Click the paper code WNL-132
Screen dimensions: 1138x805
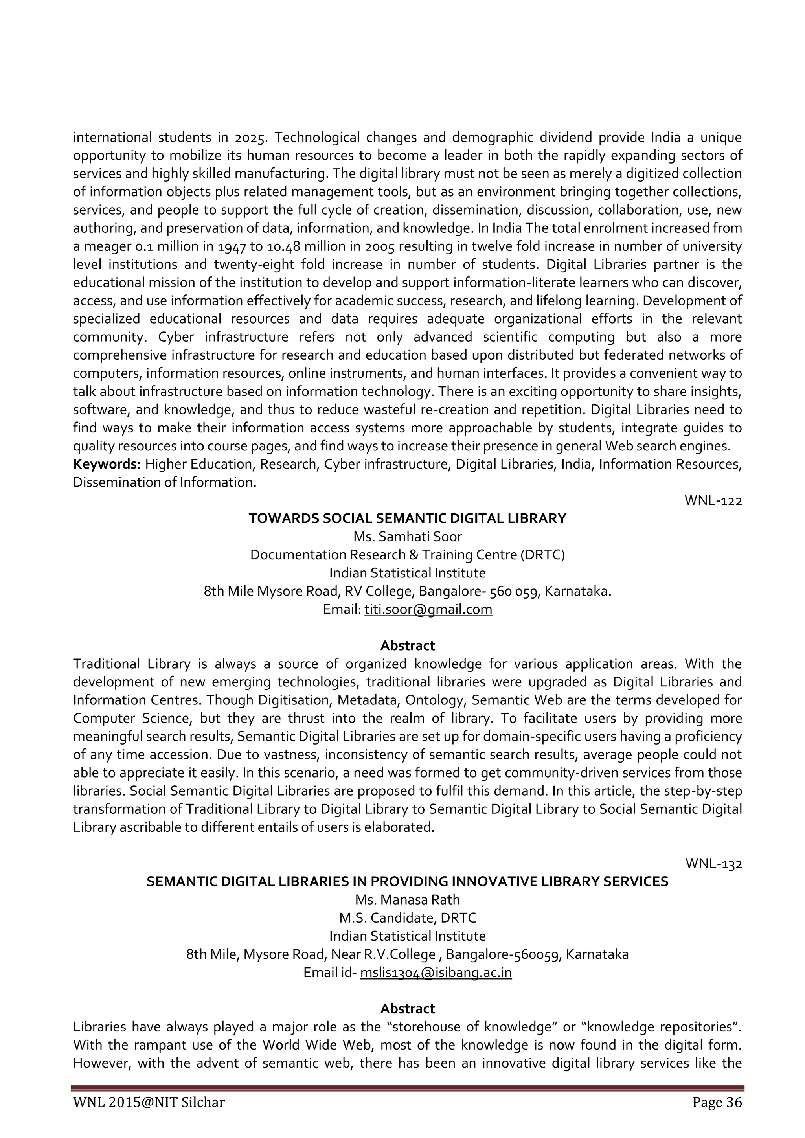713,864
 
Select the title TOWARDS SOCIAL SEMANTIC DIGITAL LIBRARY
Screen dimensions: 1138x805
407,518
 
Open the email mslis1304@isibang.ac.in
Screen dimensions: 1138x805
435,973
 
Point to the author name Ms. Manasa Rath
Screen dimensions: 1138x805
407,900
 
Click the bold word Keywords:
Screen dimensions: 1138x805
107,464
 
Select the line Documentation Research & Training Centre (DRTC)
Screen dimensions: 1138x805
407,555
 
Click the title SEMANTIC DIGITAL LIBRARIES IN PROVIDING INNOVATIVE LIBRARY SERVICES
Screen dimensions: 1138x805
407,882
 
